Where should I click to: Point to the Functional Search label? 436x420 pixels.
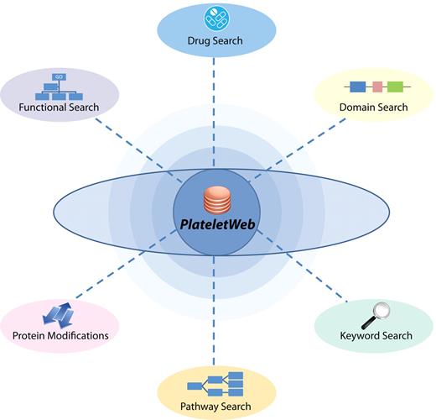[x=60, y=107]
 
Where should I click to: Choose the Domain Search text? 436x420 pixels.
[x=373, y=107]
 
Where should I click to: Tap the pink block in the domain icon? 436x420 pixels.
[x=378, y=87]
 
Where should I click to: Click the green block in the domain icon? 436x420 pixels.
[x=395, y=87]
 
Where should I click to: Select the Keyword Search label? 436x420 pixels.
[x=376, y=335]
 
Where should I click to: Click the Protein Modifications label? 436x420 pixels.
[x=60, y=335]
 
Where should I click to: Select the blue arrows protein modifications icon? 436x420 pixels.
[x=59, y=313]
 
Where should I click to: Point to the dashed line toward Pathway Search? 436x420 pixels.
[x=214, y=319]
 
